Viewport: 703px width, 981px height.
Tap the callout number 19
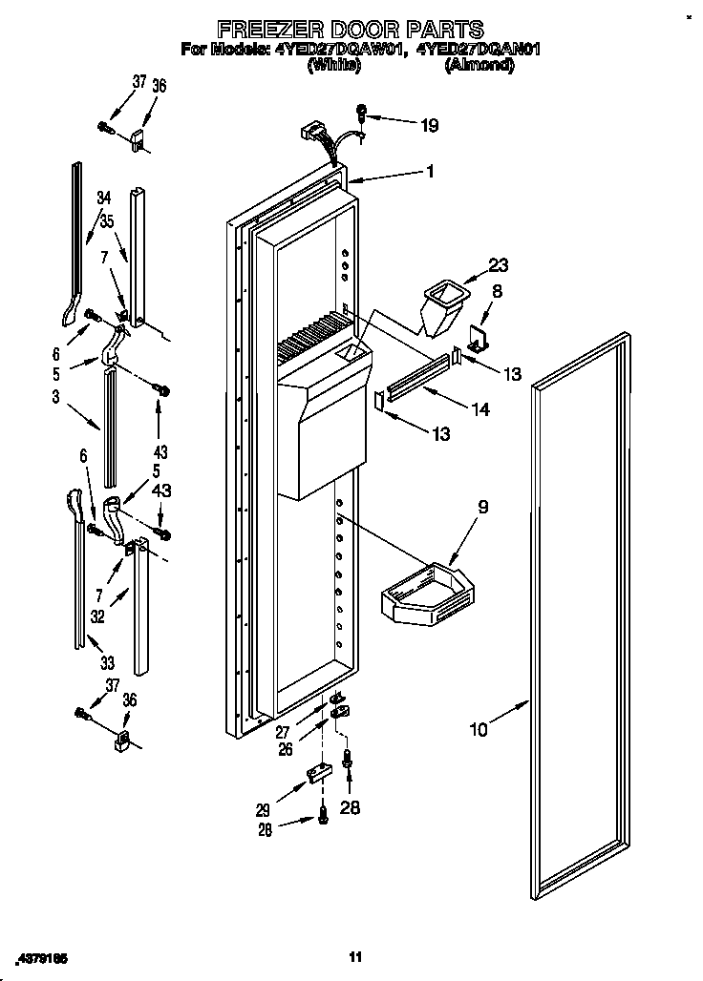(431, 123)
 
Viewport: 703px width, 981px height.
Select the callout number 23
(500, 266)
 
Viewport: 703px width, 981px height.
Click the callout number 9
(482, 508)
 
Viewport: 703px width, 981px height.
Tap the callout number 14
(480, 410)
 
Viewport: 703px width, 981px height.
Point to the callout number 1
(430, 173)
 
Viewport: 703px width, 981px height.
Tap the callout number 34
(103, 198)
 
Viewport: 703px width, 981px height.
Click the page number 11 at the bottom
(354, 956)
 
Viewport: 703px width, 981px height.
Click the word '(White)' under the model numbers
(332, 67)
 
